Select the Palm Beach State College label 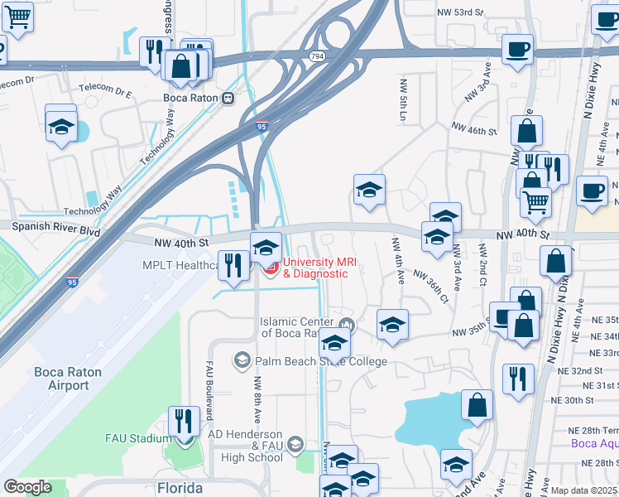(322, 361)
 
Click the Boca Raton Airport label (68, 379)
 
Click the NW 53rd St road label (461, 12)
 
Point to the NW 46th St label (473, 129)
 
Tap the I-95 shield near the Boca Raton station (262, 127)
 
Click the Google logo (27, 487)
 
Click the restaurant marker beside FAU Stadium (183, 422)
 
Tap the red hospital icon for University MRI (270, 268)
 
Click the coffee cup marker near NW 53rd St (517, 51)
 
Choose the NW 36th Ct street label (431, 286)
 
